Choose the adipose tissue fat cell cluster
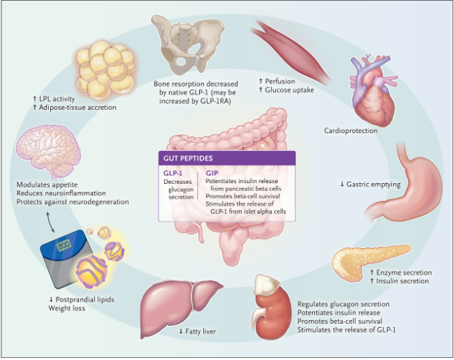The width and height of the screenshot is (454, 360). click(x=105, y=69)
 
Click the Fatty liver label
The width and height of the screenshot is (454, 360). click(x=198, y=330)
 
